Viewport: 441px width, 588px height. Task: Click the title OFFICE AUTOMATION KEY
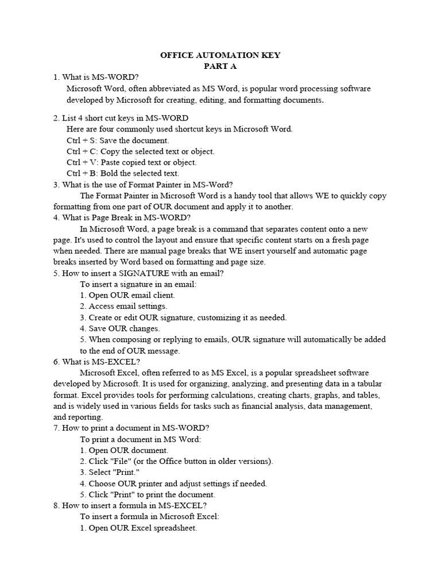click(220, 56)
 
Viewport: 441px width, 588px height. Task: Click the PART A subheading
click(220, 67)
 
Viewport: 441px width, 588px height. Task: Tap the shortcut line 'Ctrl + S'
click(118, 140)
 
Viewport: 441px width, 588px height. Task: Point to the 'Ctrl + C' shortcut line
click(140, 151)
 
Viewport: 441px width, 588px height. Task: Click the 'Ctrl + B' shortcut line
click(123, 173)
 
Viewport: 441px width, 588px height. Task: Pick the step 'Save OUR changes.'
click(119, 328)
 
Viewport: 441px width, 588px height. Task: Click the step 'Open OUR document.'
click(124, 450)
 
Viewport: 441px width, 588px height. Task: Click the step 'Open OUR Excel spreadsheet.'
click(138, 528)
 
